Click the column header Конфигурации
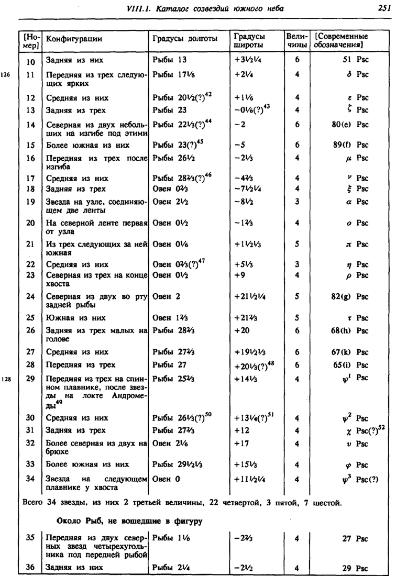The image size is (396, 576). point(74,39)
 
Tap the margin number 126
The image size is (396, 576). point(6,74)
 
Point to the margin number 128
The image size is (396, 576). point(6,377)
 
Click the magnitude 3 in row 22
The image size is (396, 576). point(297,264)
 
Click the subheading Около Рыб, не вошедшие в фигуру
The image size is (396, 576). point(129,521)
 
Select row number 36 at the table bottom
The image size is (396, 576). point(30,567)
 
